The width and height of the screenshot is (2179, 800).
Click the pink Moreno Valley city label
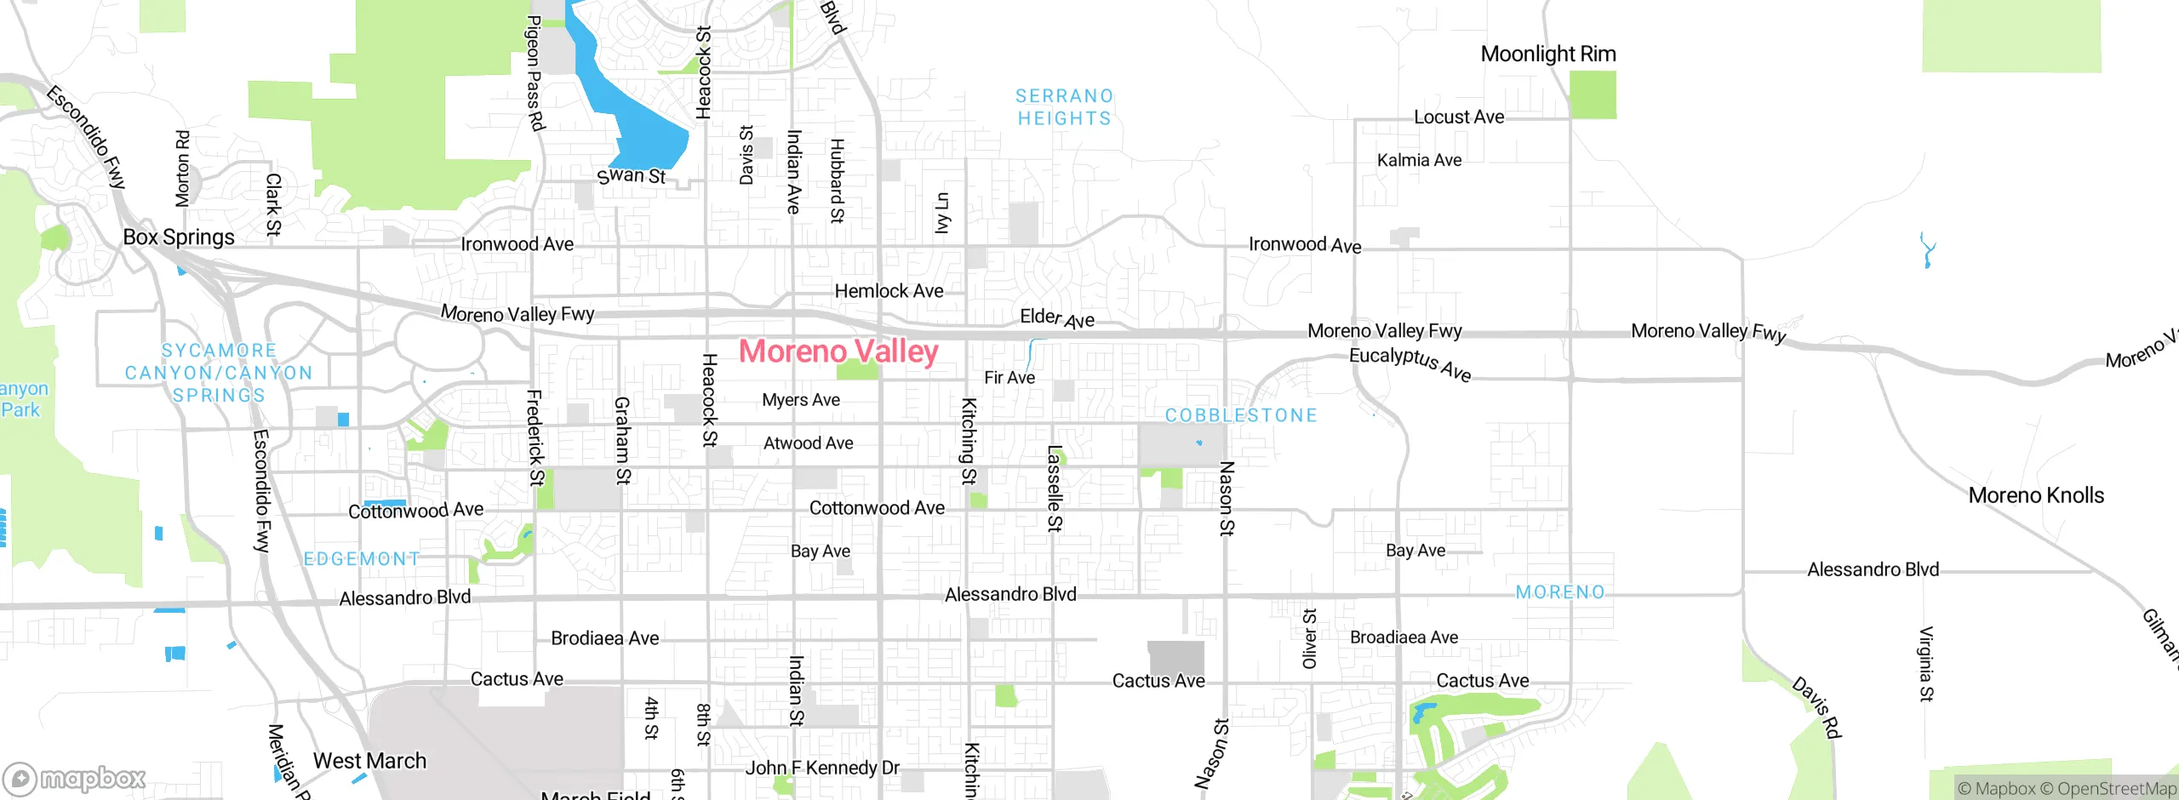[x=838, y=351]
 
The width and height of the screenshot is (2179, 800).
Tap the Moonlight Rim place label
[x=1548, y=54]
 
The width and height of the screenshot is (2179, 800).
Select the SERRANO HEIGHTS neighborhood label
[x=1064, y=107]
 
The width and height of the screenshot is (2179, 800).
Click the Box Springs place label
[x=179, y=237]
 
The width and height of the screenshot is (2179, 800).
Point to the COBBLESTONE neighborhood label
[x=1241, y=415]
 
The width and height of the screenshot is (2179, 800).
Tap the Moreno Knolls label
[x=2036, y=495]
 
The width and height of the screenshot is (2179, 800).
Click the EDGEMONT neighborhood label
[x=362, y=559]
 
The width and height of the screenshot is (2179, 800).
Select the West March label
[x=369, y=761]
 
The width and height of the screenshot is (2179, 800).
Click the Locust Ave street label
[x=1459, y=117]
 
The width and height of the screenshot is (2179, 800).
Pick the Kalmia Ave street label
[x=1419, y=160]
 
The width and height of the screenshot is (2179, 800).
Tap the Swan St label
[x=631, y=176]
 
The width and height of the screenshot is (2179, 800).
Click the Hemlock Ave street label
[x=889, y=291]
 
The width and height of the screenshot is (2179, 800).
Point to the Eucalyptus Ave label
[x=1410, y=364]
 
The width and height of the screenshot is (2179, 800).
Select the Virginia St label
[x=1926, y=664]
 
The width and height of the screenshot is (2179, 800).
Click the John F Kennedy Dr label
[x=822, y=768]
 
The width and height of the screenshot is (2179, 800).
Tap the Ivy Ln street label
[x=941, y=213]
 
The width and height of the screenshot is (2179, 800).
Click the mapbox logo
[x=75, y=778]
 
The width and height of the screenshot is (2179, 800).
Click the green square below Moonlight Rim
[x=1592, y=94]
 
